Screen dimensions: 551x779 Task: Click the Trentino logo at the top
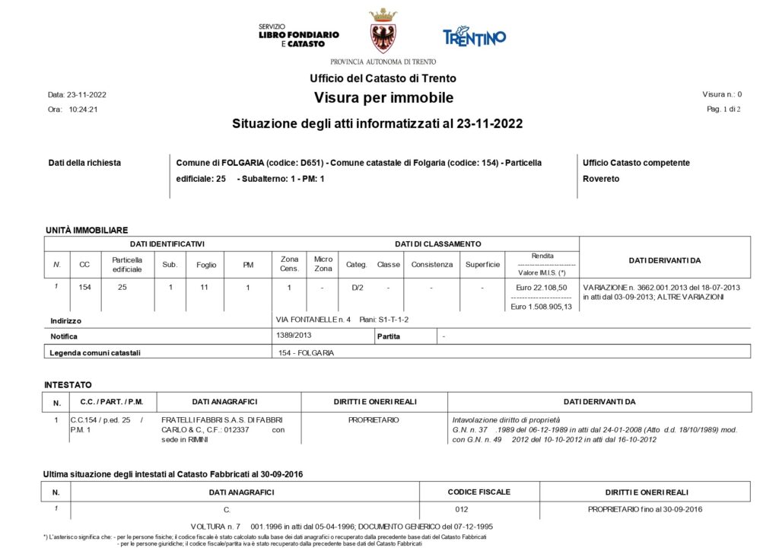pos(474,36)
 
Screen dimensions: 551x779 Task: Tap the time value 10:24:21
pos(83,110)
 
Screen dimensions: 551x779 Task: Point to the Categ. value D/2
pos(356,288)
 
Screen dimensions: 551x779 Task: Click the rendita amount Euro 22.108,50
pos(541,288)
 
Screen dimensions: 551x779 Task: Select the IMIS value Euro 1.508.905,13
pos(541,306)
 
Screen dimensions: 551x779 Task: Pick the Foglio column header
pos(205,265)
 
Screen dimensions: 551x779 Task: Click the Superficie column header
pos(482,265)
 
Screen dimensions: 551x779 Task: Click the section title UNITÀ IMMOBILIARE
pos(87,230)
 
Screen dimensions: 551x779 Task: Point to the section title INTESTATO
pos(68,385)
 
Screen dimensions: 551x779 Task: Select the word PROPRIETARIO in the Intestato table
pos(374,420)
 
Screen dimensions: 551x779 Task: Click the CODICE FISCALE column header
pos(479,492)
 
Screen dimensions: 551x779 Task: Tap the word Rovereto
pos(601,179)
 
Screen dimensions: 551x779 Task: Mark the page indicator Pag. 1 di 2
pos(723,110)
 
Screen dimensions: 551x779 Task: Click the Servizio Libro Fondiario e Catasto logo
pos(298,36)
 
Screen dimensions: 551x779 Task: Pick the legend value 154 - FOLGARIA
pos(307,352)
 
